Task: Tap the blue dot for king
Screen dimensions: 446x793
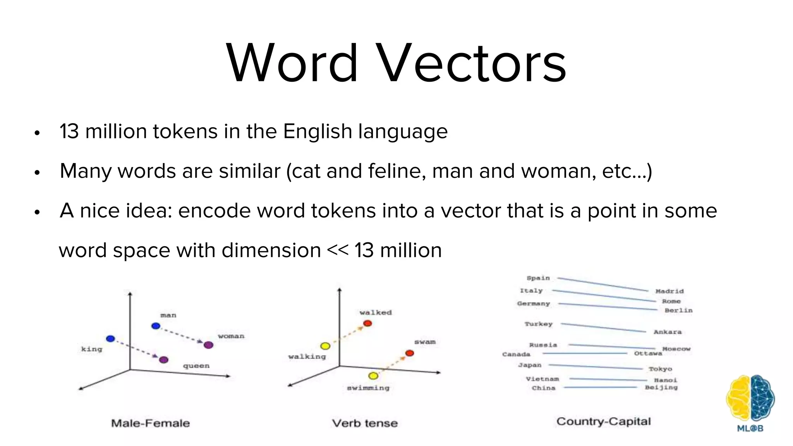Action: [x=110, y=339]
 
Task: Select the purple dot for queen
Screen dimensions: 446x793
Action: [x=164, y=360]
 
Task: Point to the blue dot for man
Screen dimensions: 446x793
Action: [x=156, y=326]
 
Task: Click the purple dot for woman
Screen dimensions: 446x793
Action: [x=208, y=345]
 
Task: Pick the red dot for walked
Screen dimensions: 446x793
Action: [x=367, y=323]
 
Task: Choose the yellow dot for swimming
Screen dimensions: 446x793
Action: [x=373, y=376]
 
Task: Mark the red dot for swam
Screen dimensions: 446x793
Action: [x=410, y=353]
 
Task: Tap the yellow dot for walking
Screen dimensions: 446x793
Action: [x=325, y=346]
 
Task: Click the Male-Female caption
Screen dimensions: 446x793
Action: [x=150, y=423]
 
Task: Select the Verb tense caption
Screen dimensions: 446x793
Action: [x=365, y=423]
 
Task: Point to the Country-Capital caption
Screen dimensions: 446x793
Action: [x=603, y=422]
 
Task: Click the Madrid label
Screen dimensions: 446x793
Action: [x=669, y=291]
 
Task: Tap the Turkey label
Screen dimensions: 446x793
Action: [x=539, y=324]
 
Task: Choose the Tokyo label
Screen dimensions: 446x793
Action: [x=660, y=369]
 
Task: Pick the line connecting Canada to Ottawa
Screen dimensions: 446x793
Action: [x=585, y=353]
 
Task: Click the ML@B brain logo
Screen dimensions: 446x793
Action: [x=750, y=399]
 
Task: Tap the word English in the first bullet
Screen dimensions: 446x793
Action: [x=317, y=132]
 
